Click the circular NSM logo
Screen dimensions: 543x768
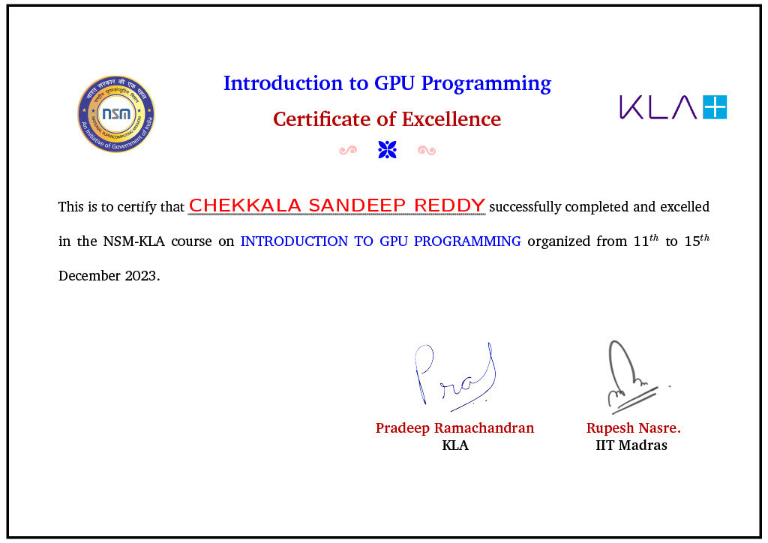116,115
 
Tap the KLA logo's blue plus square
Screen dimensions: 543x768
714,107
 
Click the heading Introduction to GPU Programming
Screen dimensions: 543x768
387,83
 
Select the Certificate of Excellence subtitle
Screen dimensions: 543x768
387,119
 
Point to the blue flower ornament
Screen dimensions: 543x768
387,150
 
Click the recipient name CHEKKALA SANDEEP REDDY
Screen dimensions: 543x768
337,205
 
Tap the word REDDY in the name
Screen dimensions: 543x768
456,205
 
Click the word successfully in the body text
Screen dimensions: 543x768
525,206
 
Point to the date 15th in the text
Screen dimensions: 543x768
696,241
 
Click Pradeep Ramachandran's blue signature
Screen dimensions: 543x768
455,377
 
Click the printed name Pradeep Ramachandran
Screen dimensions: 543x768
454,428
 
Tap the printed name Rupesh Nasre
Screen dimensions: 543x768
632,428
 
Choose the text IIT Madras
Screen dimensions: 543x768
631,445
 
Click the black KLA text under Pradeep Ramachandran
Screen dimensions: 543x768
455,445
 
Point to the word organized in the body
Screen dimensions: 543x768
564,241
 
